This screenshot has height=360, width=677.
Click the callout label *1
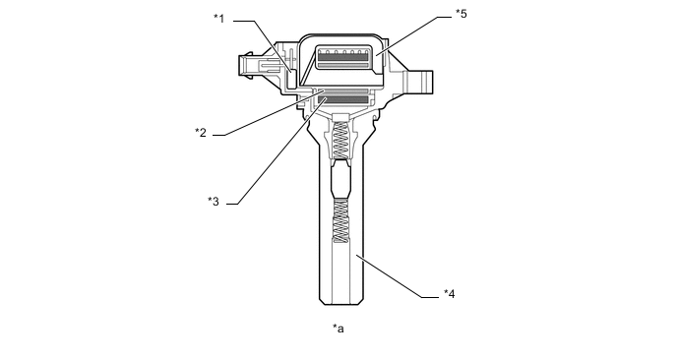pos(219,19)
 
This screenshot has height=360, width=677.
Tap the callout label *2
pos(201,133)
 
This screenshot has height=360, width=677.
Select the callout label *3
pos(214,202)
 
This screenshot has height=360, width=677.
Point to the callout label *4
pos(450,294)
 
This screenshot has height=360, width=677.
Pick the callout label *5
pos(462,14)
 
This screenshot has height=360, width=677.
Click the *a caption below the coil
pos(338,329)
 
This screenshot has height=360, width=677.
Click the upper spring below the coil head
pos(341,140)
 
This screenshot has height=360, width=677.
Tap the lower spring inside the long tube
pos(341,221)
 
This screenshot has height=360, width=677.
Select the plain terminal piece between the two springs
pos(341,180)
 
